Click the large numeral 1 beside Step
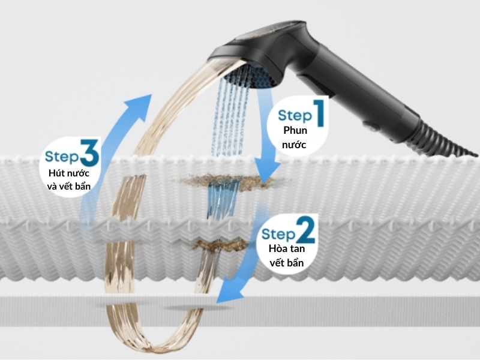319,113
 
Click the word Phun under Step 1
295,130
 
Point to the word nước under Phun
294,145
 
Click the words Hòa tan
287,248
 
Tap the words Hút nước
69,173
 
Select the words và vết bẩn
69,186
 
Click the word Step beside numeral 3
62,157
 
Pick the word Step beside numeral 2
278,235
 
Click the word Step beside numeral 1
295,116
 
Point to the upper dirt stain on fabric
231,181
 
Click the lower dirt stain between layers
220,245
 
